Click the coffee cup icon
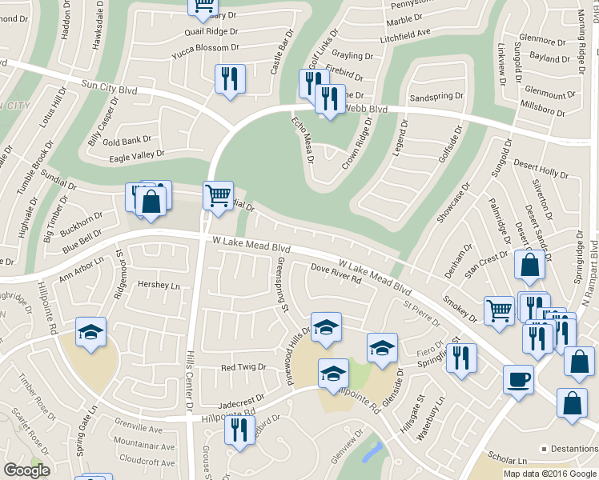pyautogui.click(x=518, y=378)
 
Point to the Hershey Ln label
pyautogui.click(x=159, y=286)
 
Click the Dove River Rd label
pyautogui.click(x=336, y=274)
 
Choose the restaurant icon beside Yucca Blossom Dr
pyautogui.click(x=230, y=78)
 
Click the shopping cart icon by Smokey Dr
pyautogui.click(x=499, y=310)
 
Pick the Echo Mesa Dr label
pyautogui.click(x=302, y=141)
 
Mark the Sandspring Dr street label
pyautogui.click(x=436, y=96)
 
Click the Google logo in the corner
pyautogui.click(x=26, y=470)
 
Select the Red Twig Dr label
pyautogui.click(x=243, y=367)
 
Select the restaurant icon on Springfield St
pyautogui.click(x=463, y=357)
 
